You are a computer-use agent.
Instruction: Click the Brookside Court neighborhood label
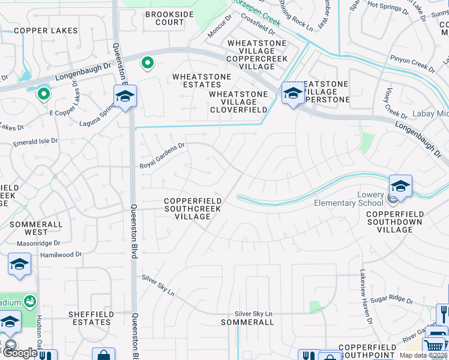(x=164, y=18)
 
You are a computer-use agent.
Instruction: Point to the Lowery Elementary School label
(x=349, y=199)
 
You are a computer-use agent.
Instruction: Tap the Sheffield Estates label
(x=90, y=318)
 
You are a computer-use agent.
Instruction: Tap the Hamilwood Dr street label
(x=61, y=255)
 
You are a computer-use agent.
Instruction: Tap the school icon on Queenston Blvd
(x=125, y=96)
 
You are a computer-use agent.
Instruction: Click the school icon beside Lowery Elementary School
(x=400, y=187)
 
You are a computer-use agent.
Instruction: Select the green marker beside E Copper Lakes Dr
(x=43, y=94)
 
